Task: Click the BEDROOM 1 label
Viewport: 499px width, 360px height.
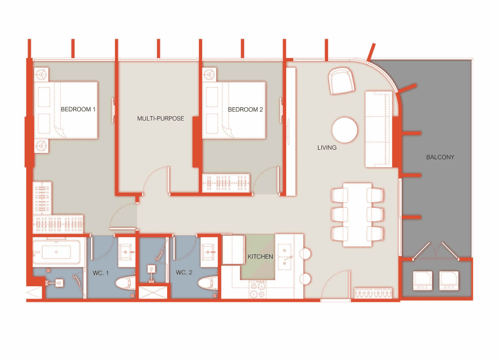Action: coord(78,109)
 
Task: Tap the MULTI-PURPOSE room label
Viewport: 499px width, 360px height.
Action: coord(160,119)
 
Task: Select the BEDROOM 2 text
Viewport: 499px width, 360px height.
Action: coord(245,110)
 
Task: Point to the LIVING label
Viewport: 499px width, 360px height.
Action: coord(327,148)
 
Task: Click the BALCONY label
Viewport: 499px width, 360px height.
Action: coord(440,157)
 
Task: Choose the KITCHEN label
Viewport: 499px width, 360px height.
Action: coord(260,257)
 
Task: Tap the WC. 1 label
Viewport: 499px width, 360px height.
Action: coord(101,273)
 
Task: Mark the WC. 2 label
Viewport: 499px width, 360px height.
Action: coord(184,272)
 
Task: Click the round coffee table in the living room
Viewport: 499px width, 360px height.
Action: coord(345,130)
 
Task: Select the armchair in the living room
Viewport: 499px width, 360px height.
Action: coord(341,81)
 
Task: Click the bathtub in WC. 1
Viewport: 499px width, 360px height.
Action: coord(56,252)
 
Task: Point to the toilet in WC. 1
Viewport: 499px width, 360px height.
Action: coord(125,283)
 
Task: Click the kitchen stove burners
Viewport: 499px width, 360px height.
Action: coord(258,290)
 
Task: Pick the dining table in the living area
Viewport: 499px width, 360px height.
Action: coord(358,215)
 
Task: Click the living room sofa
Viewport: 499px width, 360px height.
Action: coord(379,129)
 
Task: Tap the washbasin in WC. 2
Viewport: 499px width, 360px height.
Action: coord(208,252)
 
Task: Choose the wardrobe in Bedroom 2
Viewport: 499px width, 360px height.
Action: coord(226,183)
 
